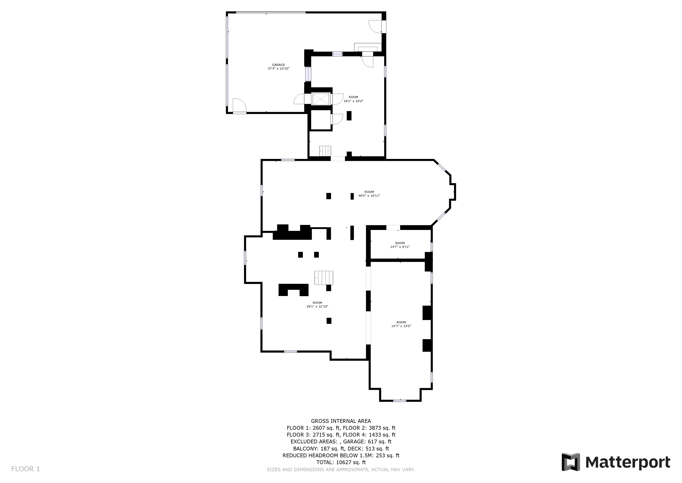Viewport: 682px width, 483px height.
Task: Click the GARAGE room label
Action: click(278, 65)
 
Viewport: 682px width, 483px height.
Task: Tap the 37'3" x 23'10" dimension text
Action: click(278, 69)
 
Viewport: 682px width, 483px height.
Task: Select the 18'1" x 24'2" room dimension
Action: click(353, 101)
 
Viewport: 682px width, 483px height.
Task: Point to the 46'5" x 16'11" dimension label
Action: click(369, 196)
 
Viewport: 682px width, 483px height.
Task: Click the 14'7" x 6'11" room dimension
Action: click(400, 247)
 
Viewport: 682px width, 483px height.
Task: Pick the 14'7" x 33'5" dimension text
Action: click(401, 326)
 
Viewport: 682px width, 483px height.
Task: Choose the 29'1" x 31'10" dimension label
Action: click(317, 307)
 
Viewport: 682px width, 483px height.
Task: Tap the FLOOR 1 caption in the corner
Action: click(25, 469)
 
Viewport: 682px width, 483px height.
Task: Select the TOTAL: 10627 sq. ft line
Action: click(341, 462)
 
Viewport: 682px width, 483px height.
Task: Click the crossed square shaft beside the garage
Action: click(321, 99)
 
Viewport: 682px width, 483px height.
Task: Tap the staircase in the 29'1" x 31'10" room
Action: click(324, 278)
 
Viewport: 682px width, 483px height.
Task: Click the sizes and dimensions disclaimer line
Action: click(341, 470)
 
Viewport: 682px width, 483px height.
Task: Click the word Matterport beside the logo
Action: click(628, 462)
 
